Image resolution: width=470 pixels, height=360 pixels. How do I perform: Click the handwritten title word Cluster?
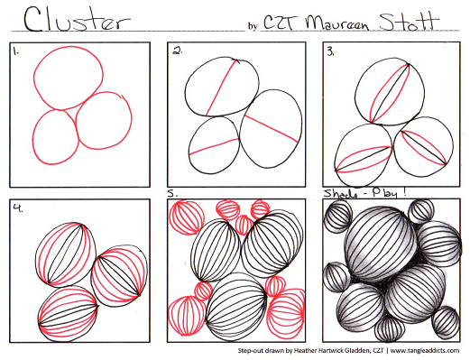point(77,20)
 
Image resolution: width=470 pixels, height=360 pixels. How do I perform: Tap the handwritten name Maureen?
point(336,23)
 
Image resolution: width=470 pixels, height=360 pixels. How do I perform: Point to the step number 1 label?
point(15,51)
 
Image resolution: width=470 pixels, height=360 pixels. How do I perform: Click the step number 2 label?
point(177,51)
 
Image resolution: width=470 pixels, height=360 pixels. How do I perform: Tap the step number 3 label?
point(331,52)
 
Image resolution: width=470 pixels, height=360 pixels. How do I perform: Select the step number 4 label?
point(18,208)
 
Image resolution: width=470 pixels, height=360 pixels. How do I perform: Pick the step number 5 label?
point(172,193)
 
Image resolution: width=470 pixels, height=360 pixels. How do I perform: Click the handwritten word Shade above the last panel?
point(340,193)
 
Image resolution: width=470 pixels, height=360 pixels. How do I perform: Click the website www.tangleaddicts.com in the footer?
point(425,350)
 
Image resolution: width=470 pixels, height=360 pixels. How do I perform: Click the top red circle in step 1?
point(69,78)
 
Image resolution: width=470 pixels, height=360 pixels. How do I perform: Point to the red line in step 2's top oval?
point(221,88)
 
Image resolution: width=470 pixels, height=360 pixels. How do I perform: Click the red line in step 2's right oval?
point(272,129)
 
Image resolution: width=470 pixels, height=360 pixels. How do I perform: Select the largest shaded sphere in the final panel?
point(380,244)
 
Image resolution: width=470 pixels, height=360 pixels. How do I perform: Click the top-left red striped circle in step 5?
point(187,217)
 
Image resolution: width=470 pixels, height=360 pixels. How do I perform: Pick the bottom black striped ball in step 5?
point(236,306)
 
